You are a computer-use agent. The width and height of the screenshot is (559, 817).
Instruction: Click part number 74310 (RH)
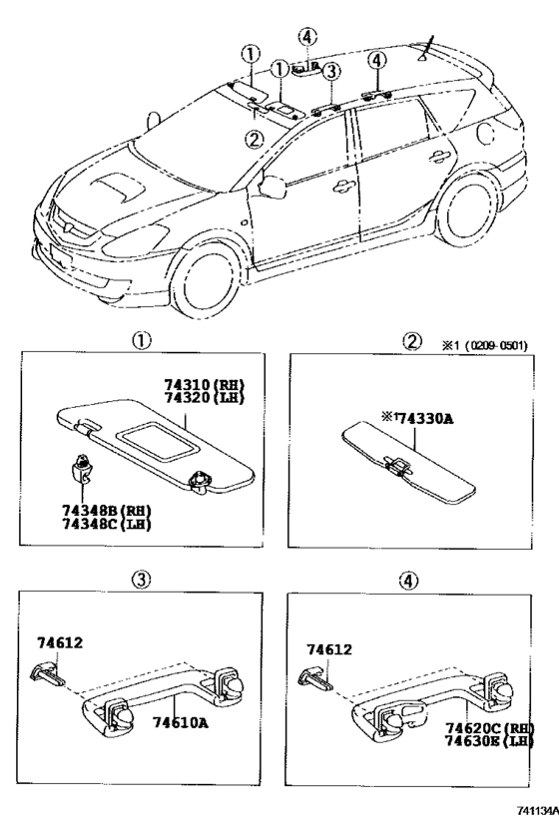point(205,384)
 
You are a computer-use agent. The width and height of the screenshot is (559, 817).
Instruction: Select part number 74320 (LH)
point(205,397)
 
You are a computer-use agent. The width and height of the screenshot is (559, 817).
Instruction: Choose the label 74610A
point(180,721)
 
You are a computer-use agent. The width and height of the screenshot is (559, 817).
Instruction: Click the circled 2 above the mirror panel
point(412,341)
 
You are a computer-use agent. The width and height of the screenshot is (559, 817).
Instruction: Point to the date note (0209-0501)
point(494,346)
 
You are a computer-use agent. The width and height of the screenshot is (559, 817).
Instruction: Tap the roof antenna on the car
point(430,44)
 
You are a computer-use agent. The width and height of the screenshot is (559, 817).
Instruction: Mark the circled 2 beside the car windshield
point(256,140)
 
